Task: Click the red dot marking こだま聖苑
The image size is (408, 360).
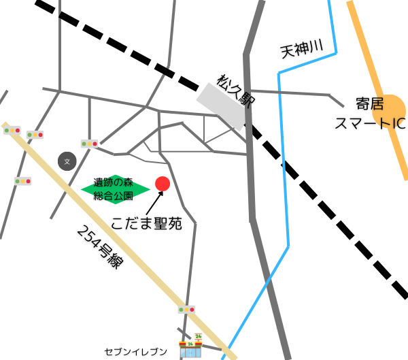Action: [x=163, y=184]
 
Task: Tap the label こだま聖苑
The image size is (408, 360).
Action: [x=147, y=224]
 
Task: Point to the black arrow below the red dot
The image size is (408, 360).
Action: [x=154, y=202]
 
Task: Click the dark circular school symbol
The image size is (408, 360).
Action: [x=67, y=161]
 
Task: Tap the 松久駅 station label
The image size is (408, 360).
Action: [x=235, y=90]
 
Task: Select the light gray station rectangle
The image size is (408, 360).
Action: [x=220, y=105]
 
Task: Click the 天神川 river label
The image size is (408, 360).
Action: [x=299, y=49]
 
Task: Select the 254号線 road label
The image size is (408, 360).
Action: [x=101, y=247]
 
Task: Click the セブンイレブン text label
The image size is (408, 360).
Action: [x=136, y=351]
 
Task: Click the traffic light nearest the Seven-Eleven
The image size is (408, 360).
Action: [x=186, y=310]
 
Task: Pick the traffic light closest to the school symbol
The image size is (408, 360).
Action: [x=90, y=144]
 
